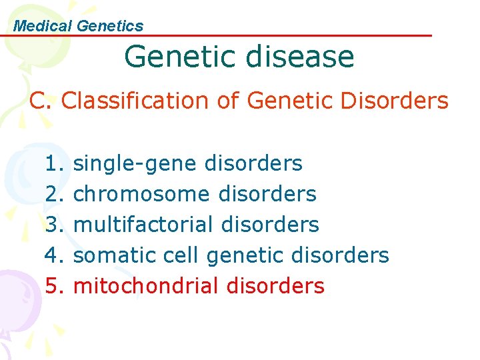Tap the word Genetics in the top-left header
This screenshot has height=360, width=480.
(110, 26)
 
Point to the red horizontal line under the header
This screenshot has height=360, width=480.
(267, 36)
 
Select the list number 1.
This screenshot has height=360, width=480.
(54, 163)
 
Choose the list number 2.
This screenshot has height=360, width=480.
(54, 194)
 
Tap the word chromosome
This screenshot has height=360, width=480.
(141, 194)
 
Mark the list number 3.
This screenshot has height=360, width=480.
(54, 225)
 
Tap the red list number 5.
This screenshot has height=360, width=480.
(54, 286)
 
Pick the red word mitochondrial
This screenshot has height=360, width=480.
(145, 286)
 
